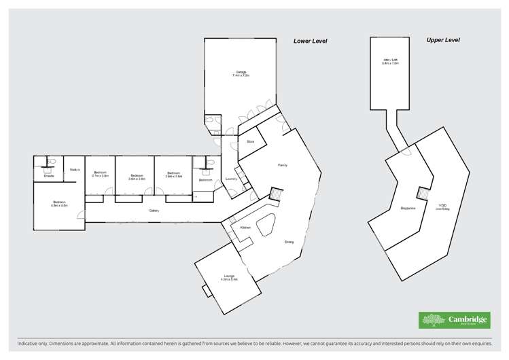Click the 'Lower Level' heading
point(310,41)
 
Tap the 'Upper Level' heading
point(443,40)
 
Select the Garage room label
point(241,73)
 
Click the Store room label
point(250,141)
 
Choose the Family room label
point(283,165)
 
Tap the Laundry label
point(230,179)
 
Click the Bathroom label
point(205,180)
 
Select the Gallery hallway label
point(154,211)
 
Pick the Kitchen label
point(245,227)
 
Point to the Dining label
point(289,242)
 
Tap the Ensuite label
point(49,176)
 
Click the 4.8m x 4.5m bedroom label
point(59,204)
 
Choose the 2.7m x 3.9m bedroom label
point(101,174)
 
